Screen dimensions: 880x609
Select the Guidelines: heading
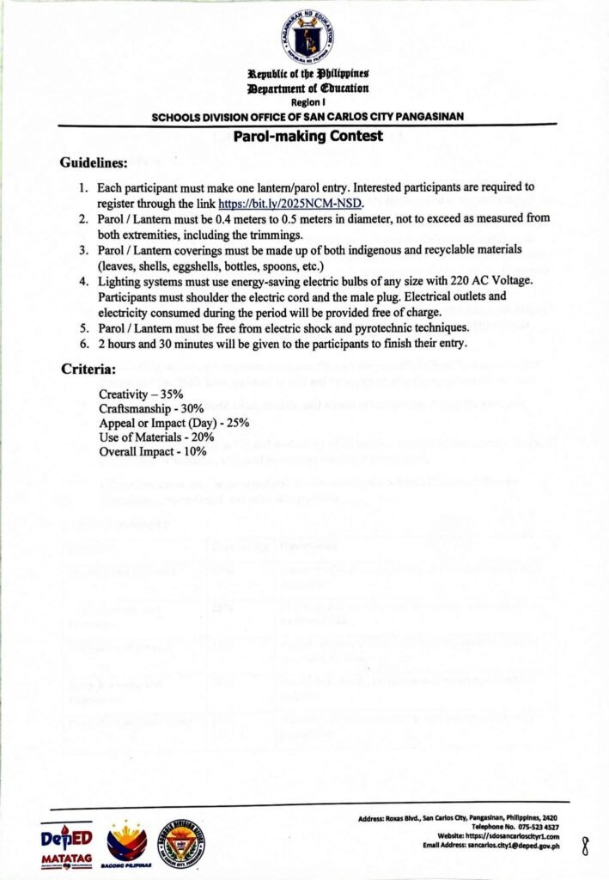(x=94, y=163)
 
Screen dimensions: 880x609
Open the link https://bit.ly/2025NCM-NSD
(x=290, y=205)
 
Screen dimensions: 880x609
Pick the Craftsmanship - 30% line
(x=151, y=408)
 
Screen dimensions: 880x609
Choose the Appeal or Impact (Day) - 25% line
(x=174, y=423)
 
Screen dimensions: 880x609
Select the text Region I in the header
(x=307, y=101)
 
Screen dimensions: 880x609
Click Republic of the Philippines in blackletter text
(x=308, y=75)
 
